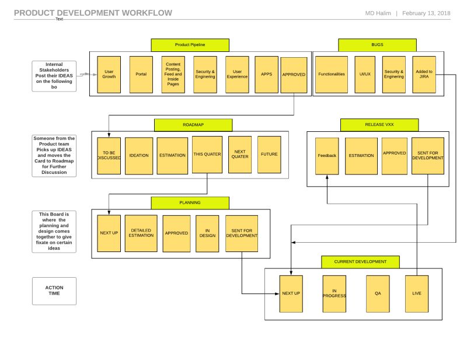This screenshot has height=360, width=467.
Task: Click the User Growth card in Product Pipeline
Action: (108, 75)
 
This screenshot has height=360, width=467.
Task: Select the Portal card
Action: (141, 75)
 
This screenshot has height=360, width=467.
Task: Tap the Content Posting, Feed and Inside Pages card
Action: (173, 75)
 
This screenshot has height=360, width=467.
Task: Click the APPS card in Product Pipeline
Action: (267, 75)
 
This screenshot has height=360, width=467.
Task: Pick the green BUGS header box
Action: (377, 45)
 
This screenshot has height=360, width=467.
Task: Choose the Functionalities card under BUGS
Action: (332, 75)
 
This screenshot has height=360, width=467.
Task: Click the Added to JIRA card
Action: (424, 75)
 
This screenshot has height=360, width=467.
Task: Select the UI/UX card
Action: (364, 75)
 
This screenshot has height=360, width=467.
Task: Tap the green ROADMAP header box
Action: (193, 125)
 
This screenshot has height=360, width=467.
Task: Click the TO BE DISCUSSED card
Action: (109, 155)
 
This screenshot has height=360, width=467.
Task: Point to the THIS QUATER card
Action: (207, 155)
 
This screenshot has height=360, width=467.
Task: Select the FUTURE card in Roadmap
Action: (269, 155)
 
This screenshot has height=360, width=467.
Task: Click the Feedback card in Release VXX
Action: (327, 156)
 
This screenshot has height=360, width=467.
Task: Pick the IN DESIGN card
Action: (207, 233)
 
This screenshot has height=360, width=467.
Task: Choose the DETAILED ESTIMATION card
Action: (142, 233)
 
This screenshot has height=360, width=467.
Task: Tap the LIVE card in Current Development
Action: (417, 293)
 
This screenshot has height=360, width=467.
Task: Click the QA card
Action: (378, 293)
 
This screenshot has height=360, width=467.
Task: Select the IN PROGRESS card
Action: (334, 293)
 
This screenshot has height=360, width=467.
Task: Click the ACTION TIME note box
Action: (54, 291)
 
